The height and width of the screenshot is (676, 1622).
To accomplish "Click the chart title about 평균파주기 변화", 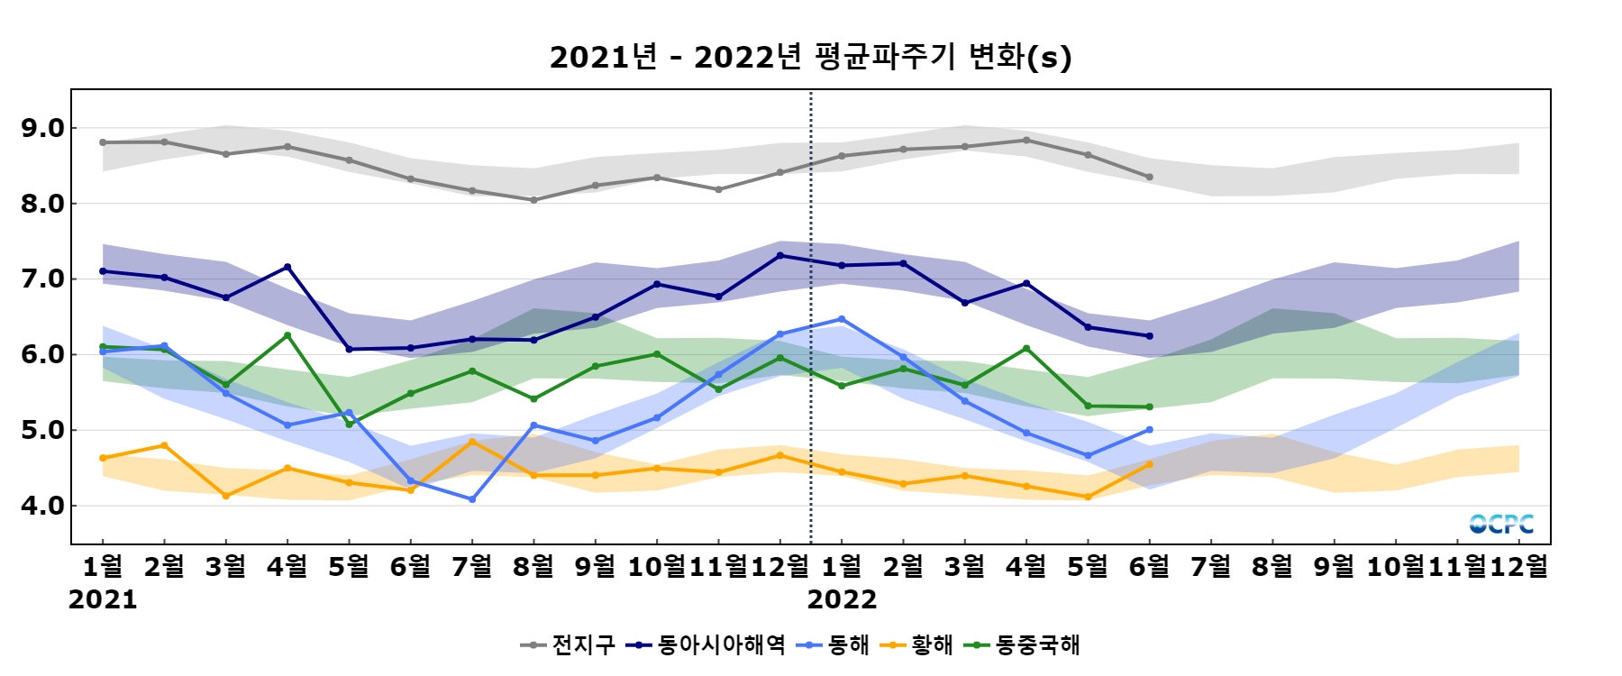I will coord(810,57).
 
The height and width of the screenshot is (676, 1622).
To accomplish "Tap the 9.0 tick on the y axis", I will coord(42,128).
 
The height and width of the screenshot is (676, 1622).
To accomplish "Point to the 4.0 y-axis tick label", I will coord(42,506).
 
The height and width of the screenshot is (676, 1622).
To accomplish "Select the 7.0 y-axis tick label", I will coord(42,279).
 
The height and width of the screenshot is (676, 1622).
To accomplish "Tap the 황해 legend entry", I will coord(919,644).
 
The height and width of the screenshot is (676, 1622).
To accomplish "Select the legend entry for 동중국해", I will coord(1023,644).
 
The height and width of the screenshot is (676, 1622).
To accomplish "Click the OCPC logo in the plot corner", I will coord(1501,524).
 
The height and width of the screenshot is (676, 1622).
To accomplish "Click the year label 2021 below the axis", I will coord(103,600).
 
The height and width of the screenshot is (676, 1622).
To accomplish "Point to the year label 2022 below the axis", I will coord(842,600).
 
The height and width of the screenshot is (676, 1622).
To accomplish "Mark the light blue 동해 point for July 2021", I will coord(472,498).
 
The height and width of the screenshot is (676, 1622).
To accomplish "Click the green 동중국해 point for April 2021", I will coord(287,335).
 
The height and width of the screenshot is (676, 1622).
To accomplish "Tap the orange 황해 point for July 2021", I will coord(472,441).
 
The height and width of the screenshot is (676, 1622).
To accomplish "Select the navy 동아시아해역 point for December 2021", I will coord(780,255).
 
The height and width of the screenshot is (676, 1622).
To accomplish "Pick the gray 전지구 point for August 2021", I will coord(533,200).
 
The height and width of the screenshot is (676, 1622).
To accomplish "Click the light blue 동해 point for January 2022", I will coord(842,319).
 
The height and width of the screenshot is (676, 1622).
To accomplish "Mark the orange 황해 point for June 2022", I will coord(1150,464).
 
